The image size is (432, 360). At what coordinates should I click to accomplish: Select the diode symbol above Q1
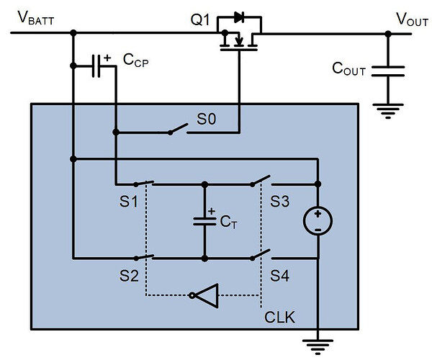pos(240,17)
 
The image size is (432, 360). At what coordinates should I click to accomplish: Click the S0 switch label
pos(206,120)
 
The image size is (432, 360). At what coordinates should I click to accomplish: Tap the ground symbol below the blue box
pos(316,346)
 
